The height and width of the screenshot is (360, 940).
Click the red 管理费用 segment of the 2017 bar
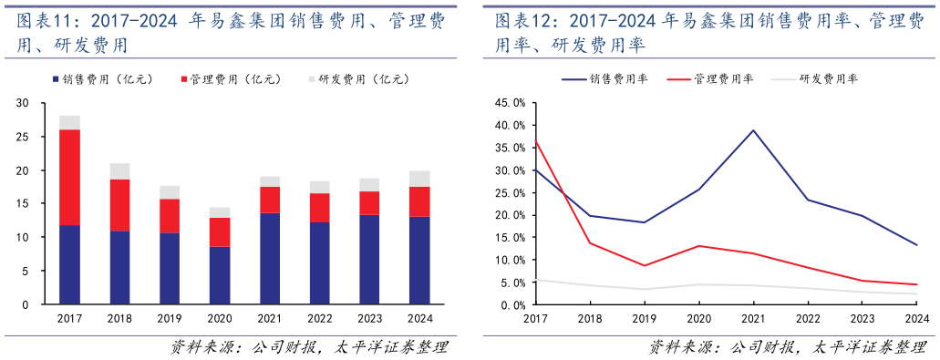coord(69,177)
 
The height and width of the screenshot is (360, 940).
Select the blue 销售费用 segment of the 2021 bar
coord(269,258)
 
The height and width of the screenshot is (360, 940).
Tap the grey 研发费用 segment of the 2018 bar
coord(119,171)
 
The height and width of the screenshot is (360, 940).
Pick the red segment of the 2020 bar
coord(220,232)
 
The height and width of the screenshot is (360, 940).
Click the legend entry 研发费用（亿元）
coord(360,80)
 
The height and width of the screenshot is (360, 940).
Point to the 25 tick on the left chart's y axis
coord(34,137)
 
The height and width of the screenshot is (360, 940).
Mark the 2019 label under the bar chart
coord(170,318)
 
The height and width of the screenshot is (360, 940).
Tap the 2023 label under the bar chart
coord(369,318)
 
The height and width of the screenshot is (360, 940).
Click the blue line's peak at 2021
coord(753,130)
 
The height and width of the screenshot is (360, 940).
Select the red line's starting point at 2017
coord(535,141)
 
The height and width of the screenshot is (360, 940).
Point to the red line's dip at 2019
coord(644,266)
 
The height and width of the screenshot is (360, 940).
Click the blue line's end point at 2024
coord(916,244)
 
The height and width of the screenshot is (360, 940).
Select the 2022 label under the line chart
coord(807,318)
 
